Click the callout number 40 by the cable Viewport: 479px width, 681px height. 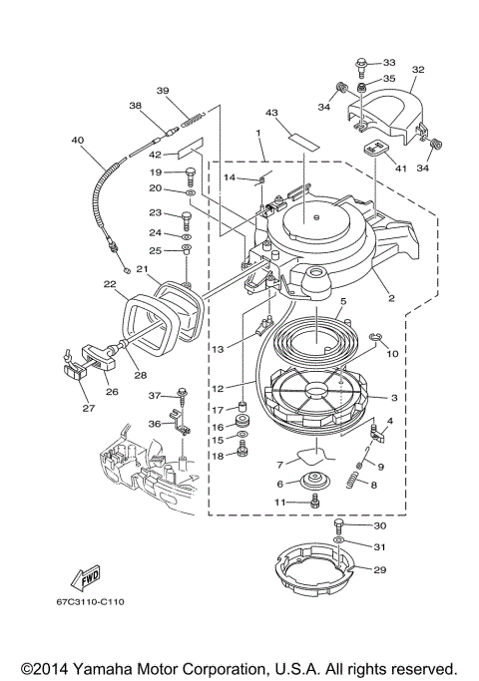pyautogui.click(x=77, y=141)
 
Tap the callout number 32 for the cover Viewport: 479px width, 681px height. pyautogui.click(x=418, y=70)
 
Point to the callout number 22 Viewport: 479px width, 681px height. pyautogui.click(x=110, y=284)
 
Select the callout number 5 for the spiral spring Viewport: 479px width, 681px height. pyautogui.click(x=341, y=301)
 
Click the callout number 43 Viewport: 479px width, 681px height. pyautogui.click(x=271, y=113)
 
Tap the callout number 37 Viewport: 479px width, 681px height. pyautogui.click(x=154, y=395)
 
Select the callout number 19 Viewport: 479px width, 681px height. pyautogui.click(x=156, y=172)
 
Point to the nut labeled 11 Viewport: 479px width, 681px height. pyautogui.click(x=314, y=502)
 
